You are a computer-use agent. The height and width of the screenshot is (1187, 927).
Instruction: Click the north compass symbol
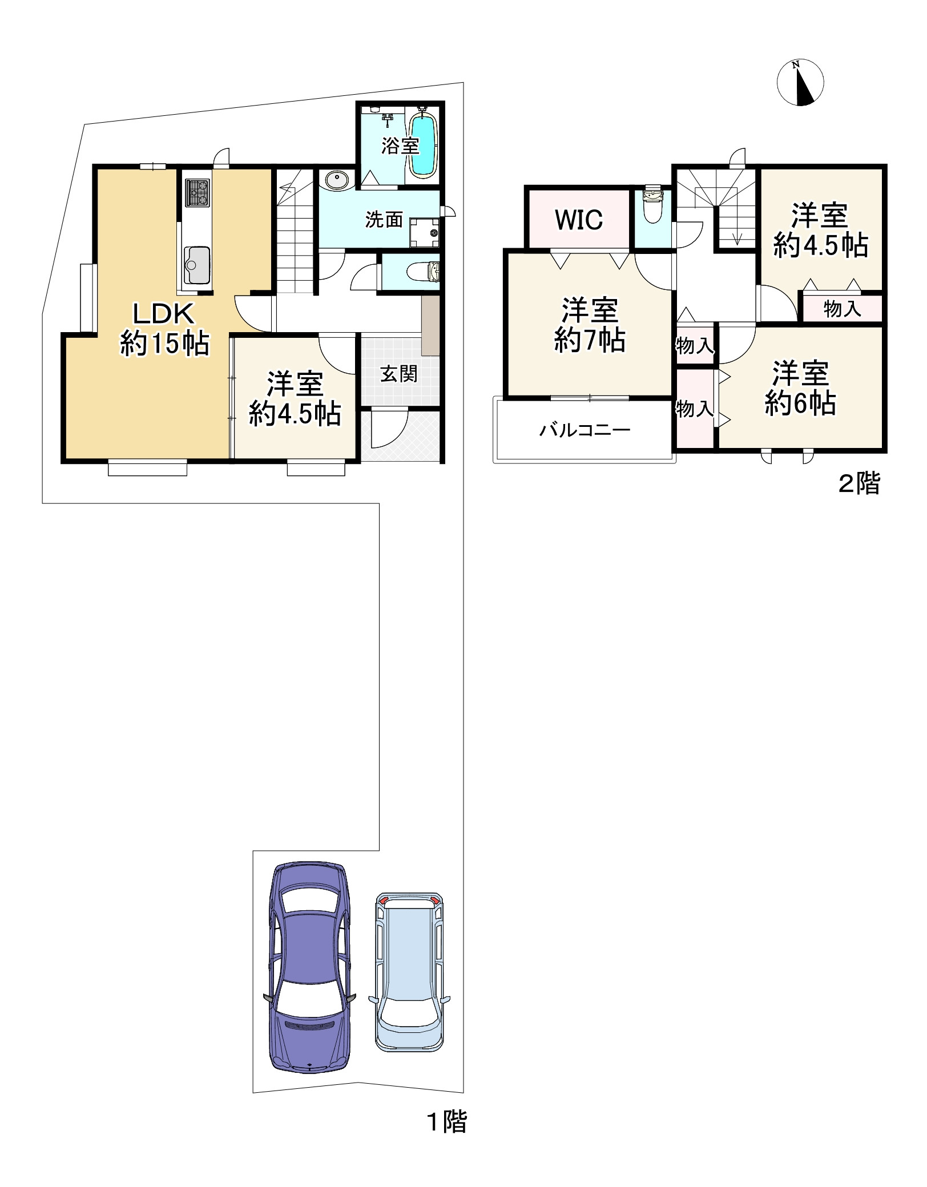(x=800, y=83)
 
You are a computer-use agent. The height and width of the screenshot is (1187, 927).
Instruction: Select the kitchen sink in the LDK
(x=197, y=264)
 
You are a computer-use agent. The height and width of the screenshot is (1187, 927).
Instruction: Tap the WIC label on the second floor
(x=579, y=220)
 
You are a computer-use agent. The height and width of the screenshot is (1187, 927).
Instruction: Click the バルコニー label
(x=585, y=430)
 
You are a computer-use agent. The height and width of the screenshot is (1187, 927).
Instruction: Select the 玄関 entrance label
(x=399, y=374)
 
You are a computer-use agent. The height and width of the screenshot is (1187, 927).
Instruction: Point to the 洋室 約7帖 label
(x=590, y=325)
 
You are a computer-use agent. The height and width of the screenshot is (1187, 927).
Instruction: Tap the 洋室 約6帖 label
(x=800, y=388)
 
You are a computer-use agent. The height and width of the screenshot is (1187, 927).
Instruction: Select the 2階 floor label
(x=859, y=484)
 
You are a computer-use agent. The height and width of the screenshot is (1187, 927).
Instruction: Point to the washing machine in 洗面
(x=425, y=232)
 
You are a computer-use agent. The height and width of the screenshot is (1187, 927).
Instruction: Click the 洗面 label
(x=384, y=220)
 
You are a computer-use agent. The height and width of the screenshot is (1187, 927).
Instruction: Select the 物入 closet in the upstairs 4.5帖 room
(x=842, y=309)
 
